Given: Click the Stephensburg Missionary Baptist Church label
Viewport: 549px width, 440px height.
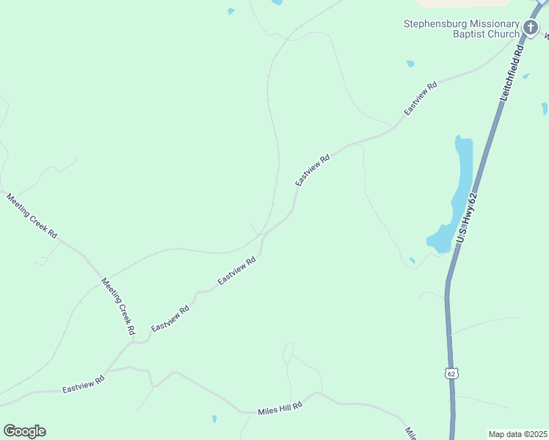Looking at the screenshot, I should click(461, 29).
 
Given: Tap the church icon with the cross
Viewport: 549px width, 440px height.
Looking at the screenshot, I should click(531, 29).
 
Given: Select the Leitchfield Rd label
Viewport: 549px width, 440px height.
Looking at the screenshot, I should click(512, 73).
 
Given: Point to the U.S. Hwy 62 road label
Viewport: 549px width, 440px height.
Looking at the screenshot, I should click(467, 218).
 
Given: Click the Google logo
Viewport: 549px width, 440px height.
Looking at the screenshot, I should click(24, 430).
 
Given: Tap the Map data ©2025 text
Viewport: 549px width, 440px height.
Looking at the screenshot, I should click(517, 434).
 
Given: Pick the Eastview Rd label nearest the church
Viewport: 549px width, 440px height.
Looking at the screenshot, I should click(421, 98).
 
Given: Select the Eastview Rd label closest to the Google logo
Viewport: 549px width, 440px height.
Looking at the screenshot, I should click(84, 384).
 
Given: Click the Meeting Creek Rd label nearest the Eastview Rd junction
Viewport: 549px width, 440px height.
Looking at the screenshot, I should click(119, 307).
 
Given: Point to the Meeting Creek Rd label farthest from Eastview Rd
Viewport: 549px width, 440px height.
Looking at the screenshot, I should click(32, 216).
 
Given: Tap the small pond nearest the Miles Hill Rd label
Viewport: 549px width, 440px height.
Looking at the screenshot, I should click(214, 419).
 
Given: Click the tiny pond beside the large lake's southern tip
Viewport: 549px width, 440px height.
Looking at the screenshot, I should click(412, 260).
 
